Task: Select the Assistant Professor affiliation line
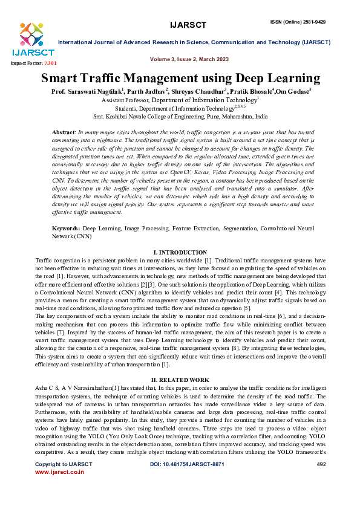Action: (x=180, y=100)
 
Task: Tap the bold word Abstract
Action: (x=64, y=132)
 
